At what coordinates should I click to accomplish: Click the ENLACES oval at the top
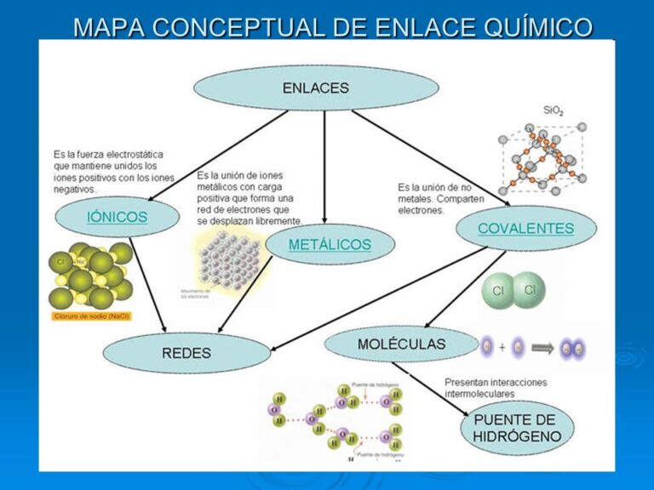(316, 88)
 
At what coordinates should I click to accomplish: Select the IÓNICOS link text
(117, 217)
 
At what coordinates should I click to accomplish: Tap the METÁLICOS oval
(330, 245)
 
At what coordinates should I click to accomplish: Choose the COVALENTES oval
(525, 228)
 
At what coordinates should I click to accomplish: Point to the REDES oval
(186, 352)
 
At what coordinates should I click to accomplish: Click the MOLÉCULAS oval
(401, 345)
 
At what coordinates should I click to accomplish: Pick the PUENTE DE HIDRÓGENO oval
(517, 428)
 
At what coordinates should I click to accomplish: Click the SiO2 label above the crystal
(554, 111)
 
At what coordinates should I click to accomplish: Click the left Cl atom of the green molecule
(498, 292)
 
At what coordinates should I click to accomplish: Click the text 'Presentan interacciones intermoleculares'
(496, 388)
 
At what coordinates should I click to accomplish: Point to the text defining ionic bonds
(113, 172)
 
